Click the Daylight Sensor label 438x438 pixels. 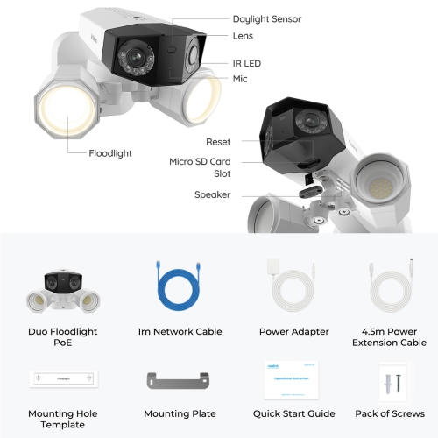click(267, 18)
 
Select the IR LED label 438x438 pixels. click(247, 64)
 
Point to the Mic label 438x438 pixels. click(240, 79)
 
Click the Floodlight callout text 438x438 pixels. click(110, 152)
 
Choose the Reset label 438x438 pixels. click(218, 141)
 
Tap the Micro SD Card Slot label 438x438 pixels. click(200, 167)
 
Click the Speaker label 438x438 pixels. click(212, 194)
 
